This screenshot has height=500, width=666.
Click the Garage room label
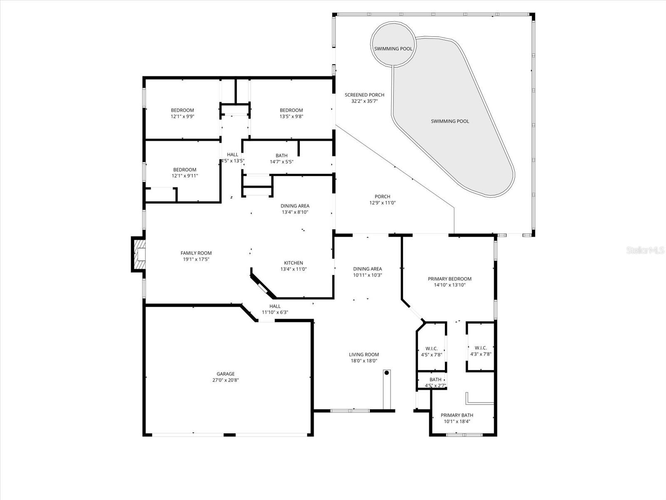(x=225, y=374)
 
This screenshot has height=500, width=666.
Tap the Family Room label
(x=196, y=253)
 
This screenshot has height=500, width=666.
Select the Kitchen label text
(x=293, y=263)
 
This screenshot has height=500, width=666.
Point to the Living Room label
(x=364, y=355)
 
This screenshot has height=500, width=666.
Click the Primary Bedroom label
(x=450, y=279)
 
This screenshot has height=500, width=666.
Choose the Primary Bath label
(x=457, y=415)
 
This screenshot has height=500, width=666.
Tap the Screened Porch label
(x=364, y=95)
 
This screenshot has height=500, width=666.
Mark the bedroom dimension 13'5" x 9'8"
(x=291, y=117)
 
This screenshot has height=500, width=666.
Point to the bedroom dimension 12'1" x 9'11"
(x=185, y=176)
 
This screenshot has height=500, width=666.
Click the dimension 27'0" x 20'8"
(x=225, y=380)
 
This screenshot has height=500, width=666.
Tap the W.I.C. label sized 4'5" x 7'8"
(x=431, y=348)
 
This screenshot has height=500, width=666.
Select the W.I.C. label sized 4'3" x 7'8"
(x=481, y=348)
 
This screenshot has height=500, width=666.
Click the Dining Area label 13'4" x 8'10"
(x=295, y=206)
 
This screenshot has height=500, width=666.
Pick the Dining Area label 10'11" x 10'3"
(x=368, y=269)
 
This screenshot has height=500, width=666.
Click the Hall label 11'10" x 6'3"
(x=275, y=306)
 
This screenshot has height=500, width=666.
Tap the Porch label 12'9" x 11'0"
(x=382, y=197)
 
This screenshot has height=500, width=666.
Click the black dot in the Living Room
(x=387, y=373)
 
